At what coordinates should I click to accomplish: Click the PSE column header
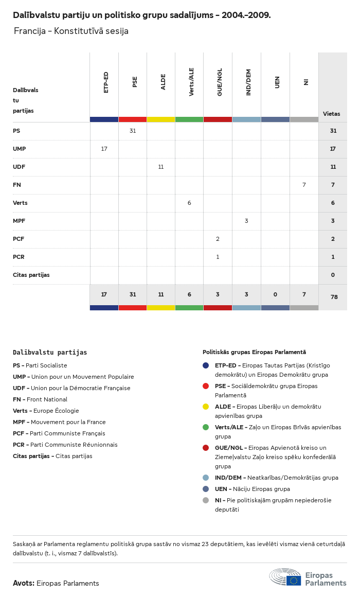(x=135, y=82)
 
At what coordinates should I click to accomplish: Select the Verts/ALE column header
(x=191, y=82)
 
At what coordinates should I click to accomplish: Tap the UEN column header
(x=277, y=82)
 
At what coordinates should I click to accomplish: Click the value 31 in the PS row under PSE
(x=133, y=131)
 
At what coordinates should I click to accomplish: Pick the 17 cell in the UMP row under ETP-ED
(x=104, y=149)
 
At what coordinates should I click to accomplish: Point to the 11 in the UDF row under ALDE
(x=161, y=167)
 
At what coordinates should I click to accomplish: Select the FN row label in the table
(x=17, y=185)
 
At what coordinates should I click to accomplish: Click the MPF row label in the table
(x=19, y=221)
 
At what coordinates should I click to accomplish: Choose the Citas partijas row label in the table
(x=31, y=275)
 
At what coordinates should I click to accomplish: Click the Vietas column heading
(x=331, y=114)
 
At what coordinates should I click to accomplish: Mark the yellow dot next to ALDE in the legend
(x=206, y=407)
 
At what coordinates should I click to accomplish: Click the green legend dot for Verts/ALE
(x=206, y=427)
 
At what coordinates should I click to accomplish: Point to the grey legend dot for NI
(x=206, y=500)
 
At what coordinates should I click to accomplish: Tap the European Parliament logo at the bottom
(x=308, y=577)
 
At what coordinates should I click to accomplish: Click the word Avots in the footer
(x=23, y=583)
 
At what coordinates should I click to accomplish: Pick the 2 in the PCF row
(x=218, y=239)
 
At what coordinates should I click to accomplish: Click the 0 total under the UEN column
(x=275, y=294)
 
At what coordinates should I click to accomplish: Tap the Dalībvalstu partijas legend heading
(x=50, y=353)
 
